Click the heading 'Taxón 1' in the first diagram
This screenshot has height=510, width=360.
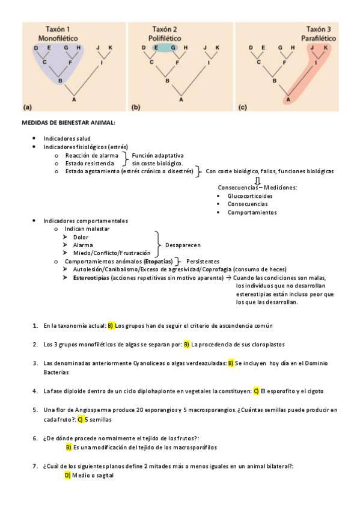tap(59, 29)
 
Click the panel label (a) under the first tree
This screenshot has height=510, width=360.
tap(27, 108)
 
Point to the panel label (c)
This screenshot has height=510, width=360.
tap(243, 108)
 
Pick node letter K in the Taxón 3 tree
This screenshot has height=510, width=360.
tap(326, 47)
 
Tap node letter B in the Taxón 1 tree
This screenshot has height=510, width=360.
tap(59, 79)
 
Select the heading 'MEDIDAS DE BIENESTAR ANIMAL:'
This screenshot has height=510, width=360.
tap(69, 123)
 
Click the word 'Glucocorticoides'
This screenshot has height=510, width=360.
tap(250, 196)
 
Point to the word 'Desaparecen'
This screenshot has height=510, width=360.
tap(183, 245)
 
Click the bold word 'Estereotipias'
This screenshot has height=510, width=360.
tap(91, 278)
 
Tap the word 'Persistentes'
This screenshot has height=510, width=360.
tap(203, 262)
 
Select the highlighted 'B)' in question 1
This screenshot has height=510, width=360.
tap(111, 325)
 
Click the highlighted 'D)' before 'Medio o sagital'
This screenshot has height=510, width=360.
tap(67, 475)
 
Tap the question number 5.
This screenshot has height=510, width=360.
tap(35, 410)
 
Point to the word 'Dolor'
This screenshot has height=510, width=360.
tap(81, 237)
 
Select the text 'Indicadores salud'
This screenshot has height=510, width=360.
tap(67, 138)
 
